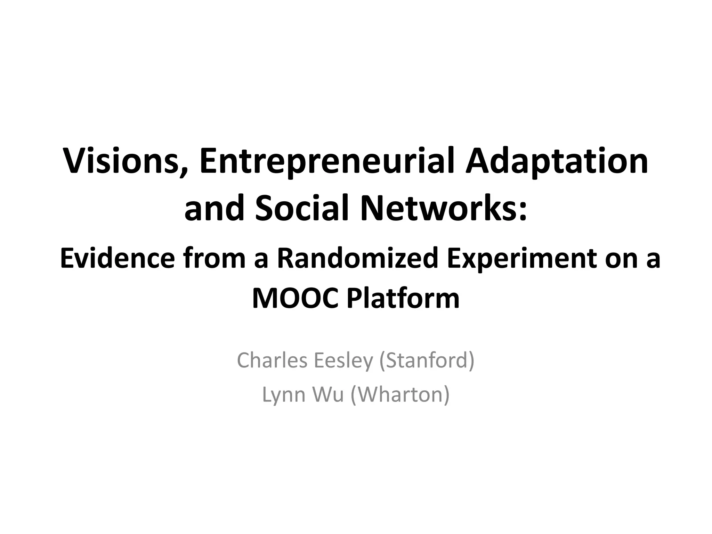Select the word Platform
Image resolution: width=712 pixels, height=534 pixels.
pos(403,298)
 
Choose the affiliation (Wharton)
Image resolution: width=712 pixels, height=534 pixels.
pos(400,395)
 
